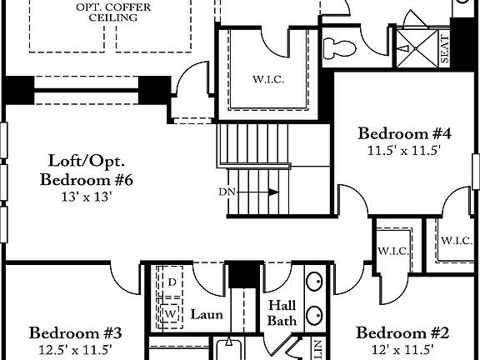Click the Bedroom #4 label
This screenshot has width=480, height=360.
coord(404,133)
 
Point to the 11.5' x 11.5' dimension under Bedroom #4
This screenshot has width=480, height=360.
coord(404,151)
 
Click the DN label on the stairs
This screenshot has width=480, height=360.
coord(227,192)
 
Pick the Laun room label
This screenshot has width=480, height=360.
coord(207,314)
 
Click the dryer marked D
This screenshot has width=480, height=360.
coord(172,282)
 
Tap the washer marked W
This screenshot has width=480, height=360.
coord(172,312)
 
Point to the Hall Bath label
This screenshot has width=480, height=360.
coord(282,313)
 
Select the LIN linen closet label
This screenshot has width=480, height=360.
coord(317,348)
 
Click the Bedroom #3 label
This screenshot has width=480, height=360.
coord(75,333)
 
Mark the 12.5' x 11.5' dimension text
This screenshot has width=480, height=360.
coord(75,350)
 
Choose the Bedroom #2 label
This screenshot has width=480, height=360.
coord(402,333)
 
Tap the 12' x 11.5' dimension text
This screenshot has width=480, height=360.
coord(402,350)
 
